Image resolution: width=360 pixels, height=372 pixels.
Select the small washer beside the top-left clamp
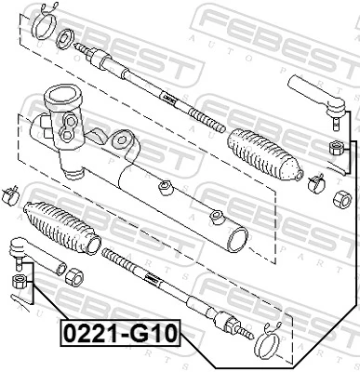point(68,39)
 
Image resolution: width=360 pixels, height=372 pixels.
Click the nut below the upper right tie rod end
point(336,148)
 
